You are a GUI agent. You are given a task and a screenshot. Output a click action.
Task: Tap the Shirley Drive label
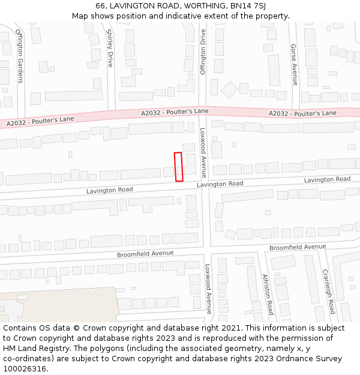click(110, 48)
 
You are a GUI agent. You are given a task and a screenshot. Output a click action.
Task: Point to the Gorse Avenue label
click(294, 64)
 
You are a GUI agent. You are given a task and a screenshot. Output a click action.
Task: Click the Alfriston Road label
click(267, 295)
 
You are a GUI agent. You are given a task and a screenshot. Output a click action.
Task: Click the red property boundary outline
click(178, 167)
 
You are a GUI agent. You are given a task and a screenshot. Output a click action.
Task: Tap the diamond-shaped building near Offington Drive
click(230, 90)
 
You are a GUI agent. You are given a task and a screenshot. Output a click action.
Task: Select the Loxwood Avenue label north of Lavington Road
click(203, 153)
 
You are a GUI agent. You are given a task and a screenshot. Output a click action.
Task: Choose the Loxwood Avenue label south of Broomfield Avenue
click(208, 289)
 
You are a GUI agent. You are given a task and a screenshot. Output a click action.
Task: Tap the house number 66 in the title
click(100, 6)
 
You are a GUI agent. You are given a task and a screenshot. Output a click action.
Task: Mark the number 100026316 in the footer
click(25, 369)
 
